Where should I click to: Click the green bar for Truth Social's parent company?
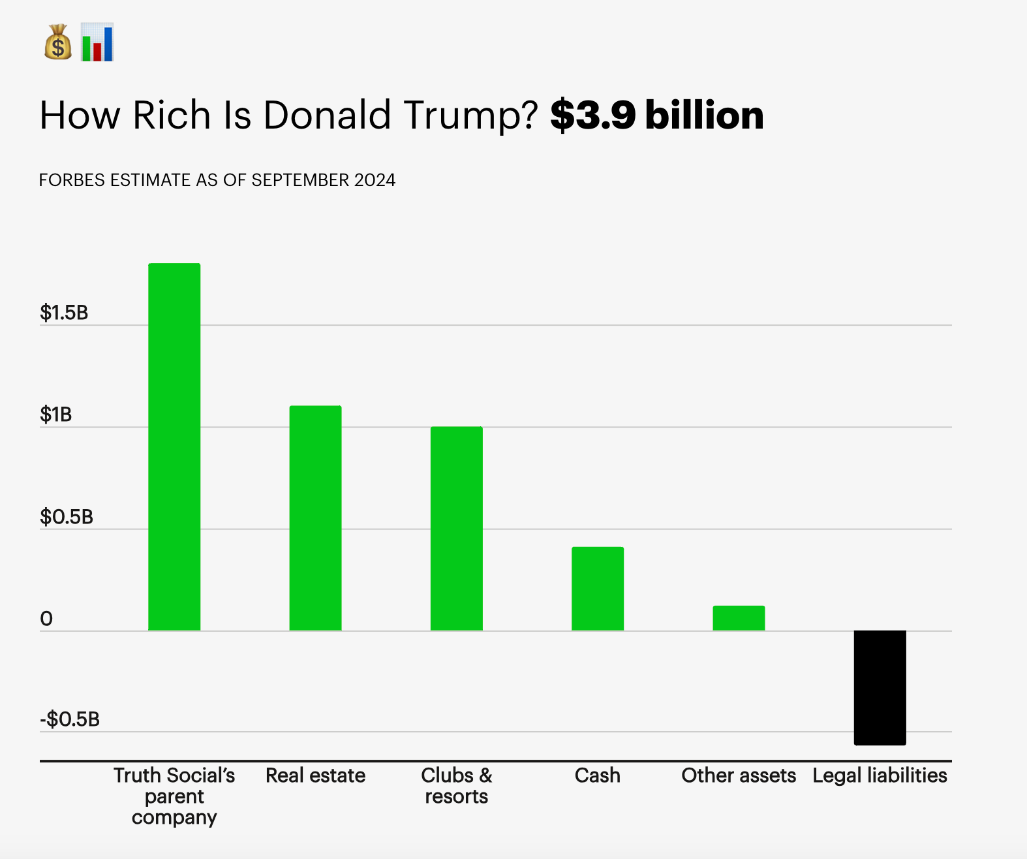click(174, 447)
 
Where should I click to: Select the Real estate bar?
click(315, 518)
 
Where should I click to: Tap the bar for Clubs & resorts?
click(456, 529)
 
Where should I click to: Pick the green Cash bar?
click(598, 589)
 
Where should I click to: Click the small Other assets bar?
click(739, 618)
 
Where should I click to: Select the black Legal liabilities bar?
click(880, 687)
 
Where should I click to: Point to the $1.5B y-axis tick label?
click(64, 313)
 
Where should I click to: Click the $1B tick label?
click(56, 414)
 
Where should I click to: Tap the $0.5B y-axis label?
click(67, 517)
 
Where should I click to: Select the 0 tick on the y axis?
click(46, 619)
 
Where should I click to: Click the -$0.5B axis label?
click(70, 719)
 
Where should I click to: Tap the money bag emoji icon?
click(58, 42)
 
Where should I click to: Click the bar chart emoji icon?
click(97, 42)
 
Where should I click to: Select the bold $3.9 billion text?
click(656, 116)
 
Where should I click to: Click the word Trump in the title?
click(470, 116)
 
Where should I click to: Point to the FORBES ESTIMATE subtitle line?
click(217, 180)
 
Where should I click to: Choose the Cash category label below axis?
click(598, 775)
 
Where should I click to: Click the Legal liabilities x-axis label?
click(880, 775)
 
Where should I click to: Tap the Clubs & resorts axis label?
click(456, 785)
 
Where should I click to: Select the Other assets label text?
click(739, 775)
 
